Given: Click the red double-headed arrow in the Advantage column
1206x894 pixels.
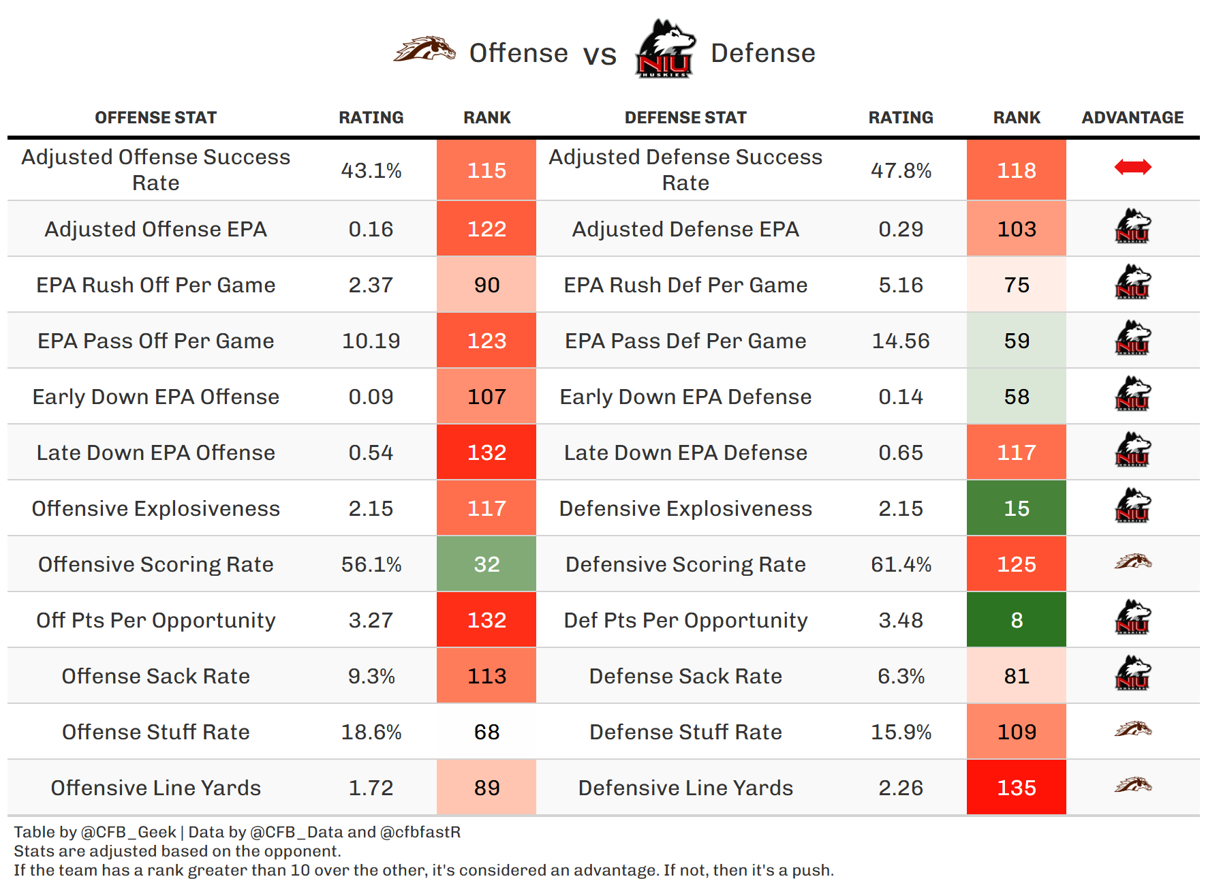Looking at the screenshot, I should pyautogui.click(x=1132, y=167).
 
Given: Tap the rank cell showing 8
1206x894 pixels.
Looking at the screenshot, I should pyautogui.click(x=1016, y=620).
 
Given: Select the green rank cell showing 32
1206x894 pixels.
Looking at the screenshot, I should pyautogui.click(x=486, y=564).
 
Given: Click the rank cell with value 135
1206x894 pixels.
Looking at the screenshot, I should pyautogui.click(x=1016, y=788).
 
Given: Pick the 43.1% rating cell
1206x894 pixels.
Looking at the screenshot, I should pyautogui.click(x=371, y=170).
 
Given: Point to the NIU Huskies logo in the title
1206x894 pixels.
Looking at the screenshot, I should pyautogui.click(x=664, y=50).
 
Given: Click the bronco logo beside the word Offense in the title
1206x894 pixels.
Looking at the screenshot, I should pyautogui.click(x=424, y=50).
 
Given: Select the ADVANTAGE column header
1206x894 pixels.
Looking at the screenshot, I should pyautogui.click(x=1132, y=118).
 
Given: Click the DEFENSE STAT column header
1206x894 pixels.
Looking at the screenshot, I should pyautogui.click(x=685, y=118).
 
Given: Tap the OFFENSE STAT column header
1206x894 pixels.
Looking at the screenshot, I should pyautogui.click(x=155, y=118).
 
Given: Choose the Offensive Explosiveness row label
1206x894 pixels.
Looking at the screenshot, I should pyautogui.click(x=155, y=508).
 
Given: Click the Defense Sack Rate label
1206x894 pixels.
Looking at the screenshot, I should pyautogui.click(x=685, y=676).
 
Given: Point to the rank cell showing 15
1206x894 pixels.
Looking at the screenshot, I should pyautogui.click(x=1016, y=508).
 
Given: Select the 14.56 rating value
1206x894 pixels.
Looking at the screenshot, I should pyautogui.click(x=901, y=341).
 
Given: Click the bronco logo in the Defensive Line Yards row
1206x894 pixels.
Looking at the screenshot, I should pyautogui.click(x=1132, y=786).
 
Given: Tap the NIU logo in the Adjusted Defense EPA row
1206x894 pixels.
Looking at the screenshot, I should pyautogui.click(x=1132, y=227).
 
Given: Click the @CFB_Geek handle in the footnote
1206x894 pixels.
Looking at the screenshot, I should pyautogui.click(x=128, y=832).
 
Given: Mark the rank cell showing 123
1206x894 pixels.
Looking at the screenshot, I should pyautogui.click(x=486, y=341).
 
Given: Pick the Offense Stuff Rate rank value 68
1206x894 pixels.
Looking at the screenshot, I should pyautogui.click(x=486, y=732).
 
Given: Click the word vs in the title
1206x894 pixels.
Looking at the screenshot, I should pyautogui.click(x=600, y=55).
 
